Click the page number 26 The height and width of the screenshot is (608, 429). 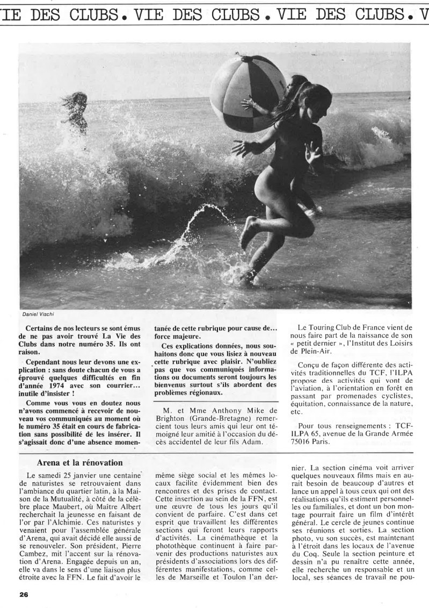[x=23, y=595]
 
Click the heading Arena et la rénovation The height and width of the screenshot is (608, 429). [x=80, y=462]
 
